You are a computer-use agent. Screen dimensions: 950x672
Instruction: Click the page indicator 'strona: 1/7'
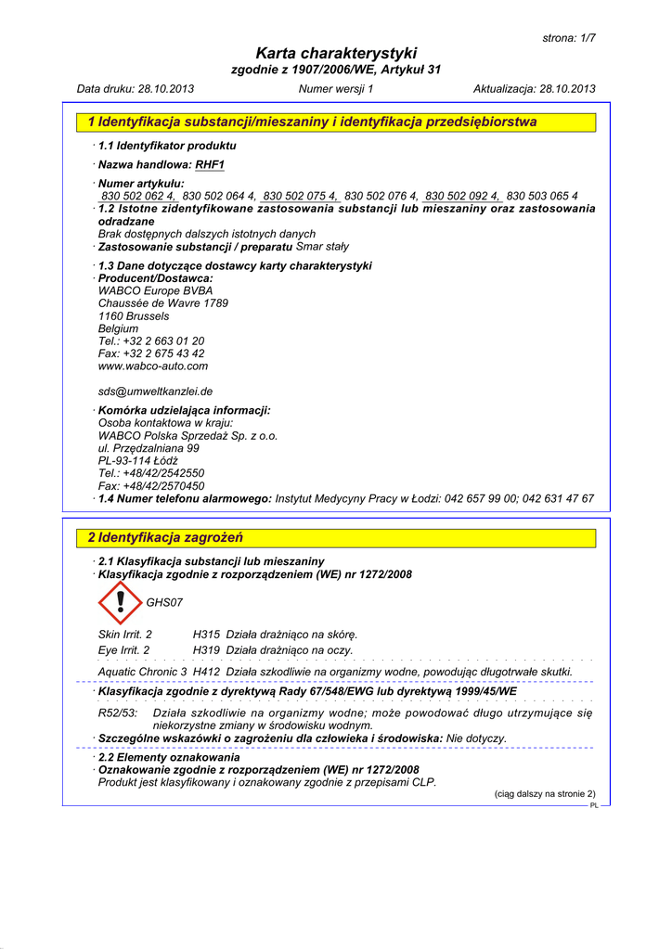[568, 37]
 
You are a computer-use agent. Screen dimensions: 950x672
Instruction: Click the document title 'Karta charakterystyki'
[336, 53]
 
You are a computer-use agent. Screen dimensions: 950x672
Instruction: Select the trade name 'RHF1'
[210, 165]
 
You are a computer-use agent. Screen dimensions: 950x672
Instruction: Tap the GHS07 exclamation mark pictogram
[121, 602]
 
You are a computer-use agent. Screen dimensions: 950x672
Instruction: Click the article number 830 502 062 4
[138, 196]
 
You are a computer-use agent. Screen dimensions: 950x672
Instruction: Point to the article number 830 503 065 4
[542, 196]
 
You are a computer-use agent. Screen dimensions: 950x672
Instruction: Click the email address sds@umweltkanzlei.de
[155, 392]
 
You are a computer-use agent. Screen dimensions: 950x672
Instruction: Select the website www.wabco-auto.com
[153, 366]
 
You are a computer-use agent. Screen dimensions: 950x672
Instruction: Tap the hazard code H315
[206, 634]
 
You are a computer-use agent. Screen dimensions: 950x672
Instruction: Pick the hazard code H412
[206, 672]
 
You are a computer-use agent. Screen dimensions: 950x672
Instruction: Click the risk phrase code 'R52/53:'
[118, 713]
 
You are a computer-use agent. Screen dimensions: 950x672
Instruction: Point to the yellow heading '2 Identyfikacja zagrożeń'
[165, 538]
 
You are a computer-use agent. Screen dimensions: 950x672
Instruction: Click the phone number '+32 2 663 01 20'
[163, 341]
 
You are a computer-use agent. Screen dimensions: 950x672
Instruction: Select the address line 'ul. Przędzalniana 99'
[149, 448]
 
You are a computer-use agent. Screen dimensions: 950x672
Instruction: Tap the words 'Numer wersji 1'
[336, 89]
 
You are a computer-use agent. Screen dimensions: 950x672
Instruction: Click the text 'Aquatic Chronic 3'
[142, 672]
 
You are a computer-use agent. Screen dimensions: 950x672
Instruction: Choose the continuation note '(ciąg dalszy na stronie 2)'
[544, 794]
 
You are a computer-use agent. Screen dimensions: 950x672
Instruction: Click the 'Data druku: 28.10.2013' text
[136, 89]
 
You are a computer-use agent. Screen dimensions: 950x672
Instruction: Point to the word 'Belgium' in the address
[118, 328]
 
